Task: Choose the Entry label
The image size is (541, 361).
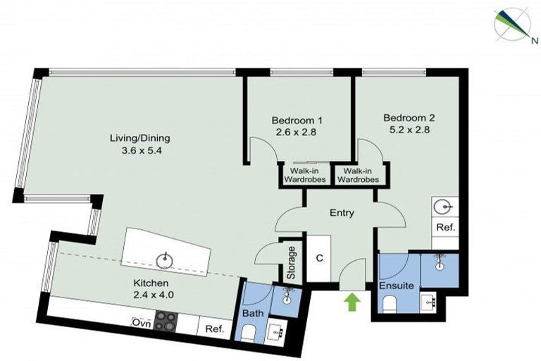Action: point(342,213)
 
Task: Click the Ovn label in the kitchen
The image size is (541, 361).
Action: point(140,323)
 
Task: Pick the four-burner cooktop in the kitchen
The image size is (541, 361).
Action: point(166,322)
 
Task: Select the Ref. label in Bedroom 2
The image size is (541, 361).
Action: point(445,228)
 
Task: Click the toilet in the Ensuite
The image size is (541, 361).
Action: point(389,304)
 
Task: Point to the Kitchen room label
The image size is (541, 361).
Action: point(151,283)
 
